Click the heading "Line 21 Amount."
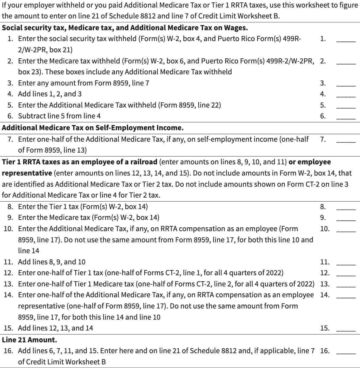[x=29, y=340]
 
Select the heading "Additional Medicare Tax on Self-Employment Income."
[x=92, y=128]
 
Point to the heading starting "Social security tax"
[x=125, y=28]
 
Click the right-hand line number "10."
[x=325, y=229]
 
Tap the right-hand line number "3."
[x=323, y=83]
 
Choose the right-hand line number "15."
[x=325, y=328]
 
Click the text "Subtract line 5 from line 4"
[x=59, y=116]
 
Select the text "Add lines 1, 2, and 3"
[x=50, y=94]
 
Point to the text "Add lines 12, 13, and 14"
[x=56, y=328]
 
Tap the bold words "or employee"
[x=310, y=162]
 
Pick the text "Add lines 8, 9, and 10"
[x=52, y=262]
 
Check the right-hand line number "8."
[x=323, y=207]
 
